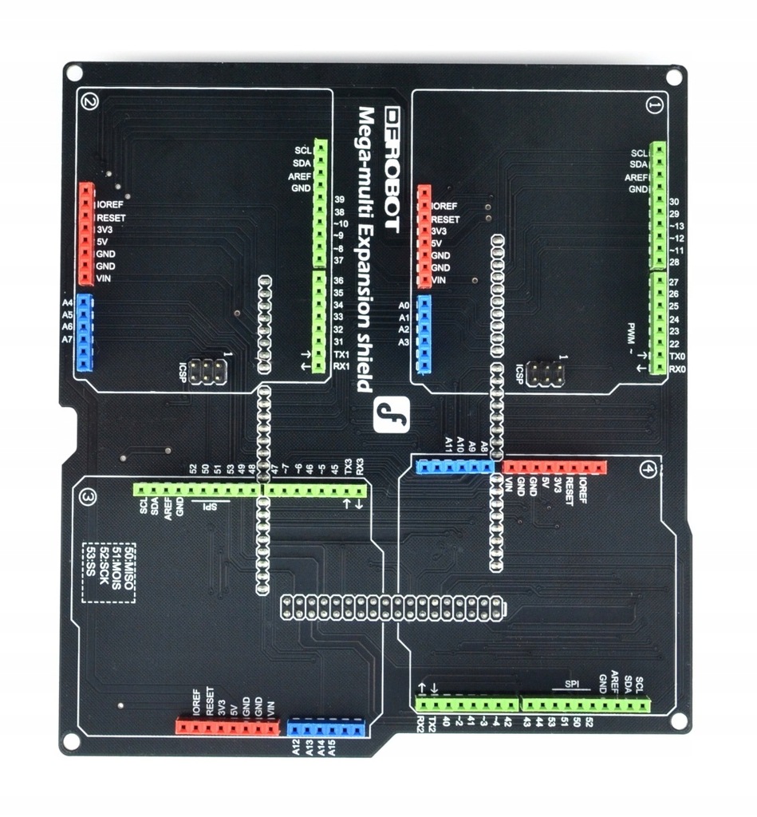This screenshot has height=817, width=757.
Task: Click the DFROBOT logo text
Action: click(391, 167)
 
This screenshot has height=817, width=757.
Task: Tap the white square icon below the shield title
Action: click(392, 415)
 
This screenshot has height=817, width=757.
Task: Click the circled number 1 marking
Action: click(655, 105)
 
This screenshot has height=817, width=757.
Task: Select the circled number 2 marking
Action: click(89, 101)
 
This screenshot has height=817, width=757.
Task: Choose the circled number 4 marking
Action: click(648, 471)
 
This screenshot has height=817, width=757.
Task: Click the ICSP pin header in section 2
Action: click(210, 370)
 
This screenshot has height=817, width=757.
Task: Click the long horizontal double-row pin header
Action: click(392, 608)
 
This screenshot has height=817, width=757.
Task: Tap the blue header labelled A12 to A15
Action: click(325, 727)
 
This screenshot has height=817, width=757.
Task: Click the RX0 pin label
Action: click(677, 369)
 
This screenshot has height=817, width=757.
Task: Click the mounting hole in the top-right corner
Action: click(674, 77)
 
